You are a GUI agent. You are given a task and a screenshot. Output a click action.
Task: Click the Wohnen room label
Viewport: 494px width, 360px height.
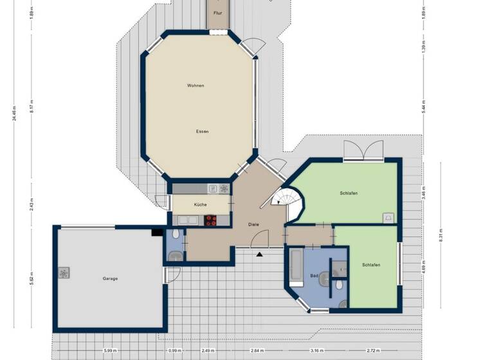point(196,85)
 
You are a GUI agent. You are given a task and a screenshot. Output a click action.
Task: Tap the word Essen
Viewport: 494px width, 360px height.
point(203,131)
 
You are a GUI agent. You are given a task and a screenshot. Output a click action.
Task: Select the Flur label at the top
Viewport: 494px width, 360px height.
point(217,12)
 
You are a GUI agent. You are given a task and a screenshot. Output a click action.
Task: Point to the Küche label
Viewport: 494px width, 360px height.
point(200,204)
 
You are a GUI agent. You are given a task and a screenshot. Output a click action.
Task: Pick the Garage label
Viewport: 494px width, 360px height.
point(110,278)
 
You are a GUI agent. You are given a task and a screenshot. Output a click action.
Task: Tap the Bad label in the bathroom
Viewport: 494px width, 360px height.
point(314,275)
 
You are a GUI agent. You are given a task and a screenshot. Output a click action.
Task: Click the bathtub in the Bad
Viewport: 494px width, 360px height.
point(296,267)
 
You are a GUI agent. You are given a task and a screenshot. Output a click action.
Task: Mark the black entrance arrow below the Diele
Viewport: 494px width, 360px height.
point(259,255)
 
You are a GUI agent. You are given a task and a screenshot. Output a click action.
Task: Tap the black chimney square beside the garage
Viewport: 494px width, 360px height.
point(157,232)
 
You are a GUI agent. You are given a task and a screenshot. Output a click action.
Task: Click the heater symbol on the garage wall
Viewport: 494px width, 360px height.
point(64,273)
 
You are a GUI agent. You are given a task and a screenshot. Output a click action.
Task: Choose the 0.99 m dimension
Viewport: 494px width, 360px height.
point(174,350)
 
